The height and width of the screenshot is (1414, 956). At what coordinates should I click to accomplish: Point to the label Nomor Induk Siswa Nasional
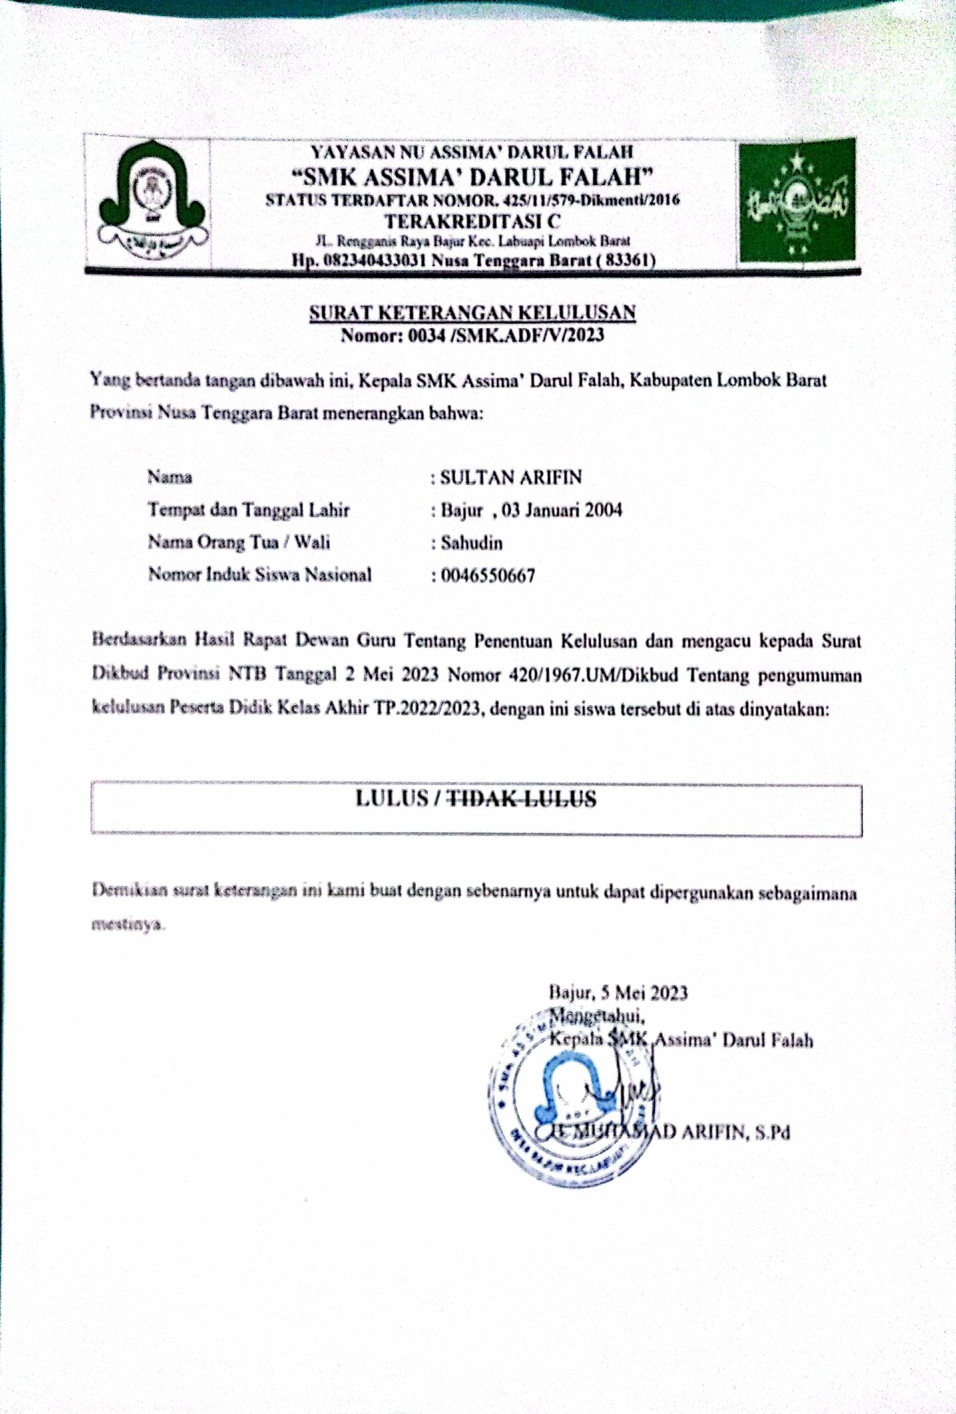260,575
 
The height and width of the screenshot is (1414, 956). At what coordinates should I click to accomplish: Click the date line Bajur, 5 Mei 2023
618,993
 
